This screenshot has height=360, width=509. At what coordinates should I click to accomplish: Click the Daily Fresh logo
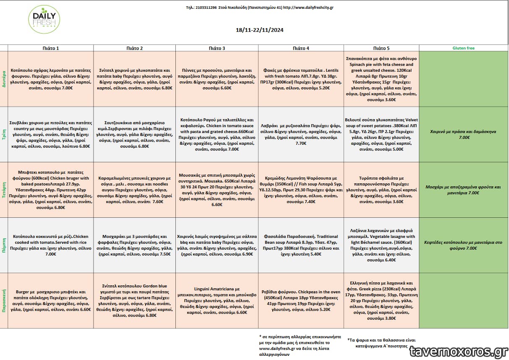tap(44, 20)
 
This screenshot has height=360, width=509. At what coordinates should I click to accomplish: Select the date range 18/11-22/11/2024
tap(260, 30)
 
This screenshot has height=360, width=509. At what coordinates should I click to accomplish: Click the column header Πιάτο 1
tap(51, 48)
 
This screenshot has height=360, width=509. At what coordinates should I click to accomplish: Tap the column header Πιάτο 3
tap(217, 48)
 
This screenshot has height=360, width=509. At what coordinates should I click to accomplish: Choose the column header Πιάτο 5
tap(381, 48)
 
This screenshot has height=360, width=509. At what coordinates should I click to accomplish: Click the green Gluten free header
tap(463, 48)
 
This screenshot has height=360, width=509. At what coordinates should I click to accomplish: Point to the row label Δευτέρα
tap(4, 79)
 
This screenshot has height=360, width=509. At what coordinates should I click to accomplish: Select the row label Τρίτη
tap(4, 134)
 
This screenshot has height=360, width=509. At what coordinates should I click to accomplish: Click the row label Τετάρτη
tap(4, 190)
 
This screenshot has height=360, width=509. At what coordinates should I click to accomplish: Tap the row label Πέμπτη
tap(4, 245)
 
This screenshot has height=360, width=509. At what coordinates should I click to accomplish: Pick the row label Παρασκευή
tap(4, 300)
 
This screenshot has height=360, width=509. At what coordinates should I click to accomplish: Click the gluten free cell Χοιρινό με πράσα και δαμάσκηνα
tap(463, 134)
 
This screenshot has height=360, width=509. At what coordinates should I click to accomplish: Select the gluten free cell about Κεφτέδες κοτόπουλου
tap(463, 245)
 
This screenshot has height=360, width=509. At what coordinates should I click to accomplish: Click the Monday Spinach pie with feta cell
tap(381, 79)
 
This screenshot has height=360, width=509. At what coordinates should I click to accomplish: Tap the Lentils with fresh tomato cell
tap(301, 79)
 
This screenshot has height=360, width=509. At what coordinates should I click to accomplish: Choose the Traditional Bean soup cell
tap(301, 245)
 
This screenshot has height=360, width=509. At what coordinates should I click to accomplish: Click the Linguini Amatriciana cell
tap(217, 300)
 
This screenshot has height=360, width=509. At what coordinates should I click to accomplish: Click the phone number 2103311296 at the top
tap(206, 8)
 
